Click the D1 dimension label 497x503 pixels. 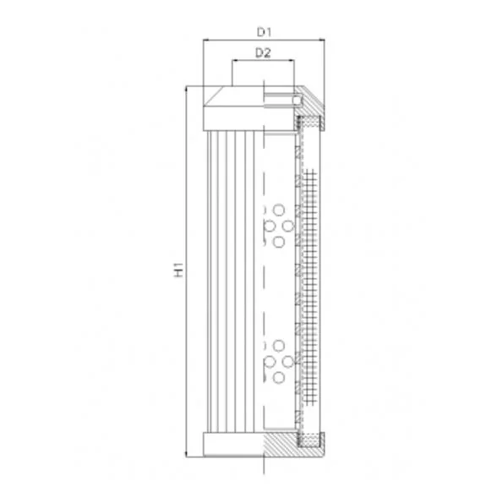264,32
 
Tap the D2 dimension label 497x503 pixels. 263,52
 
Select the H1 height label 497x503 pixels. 178,270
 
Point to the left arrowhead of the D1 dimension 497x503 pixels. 206,40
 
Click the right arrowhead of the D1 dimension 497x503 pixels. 321,40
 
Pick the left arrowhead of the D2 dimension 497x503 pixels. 235,60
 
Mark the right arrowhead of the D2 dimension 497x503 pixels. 291,60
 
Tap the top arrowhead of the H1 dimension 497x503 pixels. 186,89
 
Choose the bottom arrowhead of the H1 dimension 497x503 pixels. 186,454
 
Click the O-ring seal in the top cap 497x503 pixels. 298,101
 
